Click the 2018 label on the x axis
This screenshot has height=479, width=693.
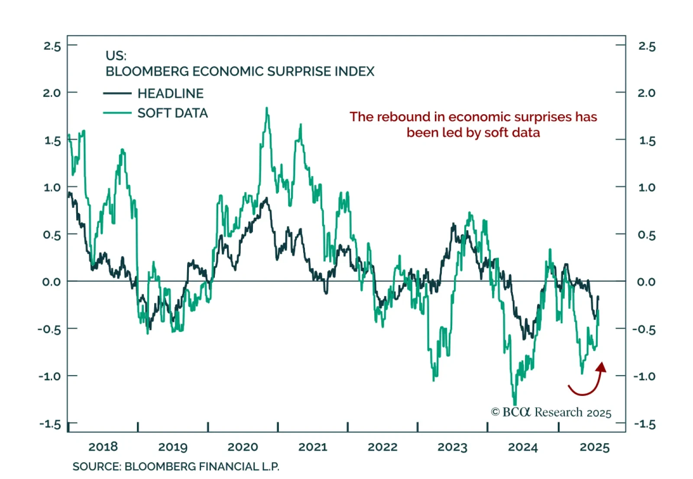coord(103,447)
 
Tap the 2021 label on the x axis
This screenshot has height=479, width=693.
coord(313,447)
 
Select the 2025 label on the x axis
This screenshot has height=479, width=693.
coord(594,447)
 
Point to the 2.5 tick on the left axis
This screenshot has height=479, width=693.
coord(52,46)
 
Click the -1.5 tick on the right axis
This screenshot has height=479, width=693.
coord(645,424)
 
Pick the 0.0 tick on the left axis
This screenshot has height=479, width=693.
coord(52,282)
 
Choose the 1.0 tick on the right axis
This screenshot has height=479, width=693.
coord(646,187)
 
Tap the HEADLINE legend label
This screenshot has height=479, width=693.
coord(170,93)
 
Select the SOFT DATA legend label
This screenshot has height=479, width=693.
coord(172,113)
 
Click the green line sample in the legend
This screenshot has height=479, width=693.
coord(117,113)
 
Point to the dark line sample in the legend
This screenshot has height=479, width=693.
coord(117,93)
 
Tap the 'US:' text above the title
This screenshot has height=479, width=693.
coord(116,56)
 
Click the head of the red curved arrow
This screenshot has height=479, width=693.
coord(601,367)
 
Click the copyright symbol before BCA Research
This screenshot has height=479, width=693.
coord(495,412)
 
